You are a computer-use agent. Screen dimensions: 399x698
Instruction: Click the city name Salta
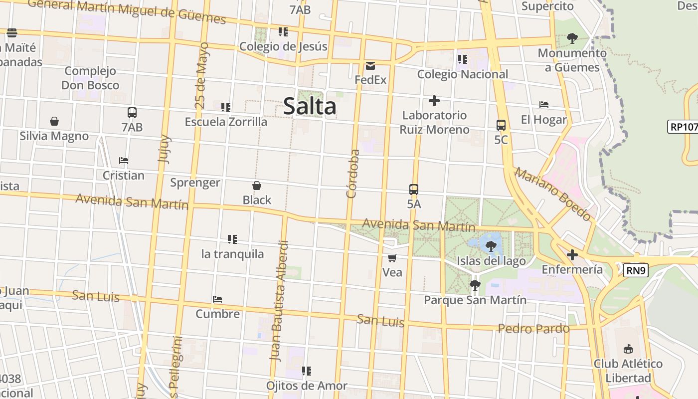click(310, 107)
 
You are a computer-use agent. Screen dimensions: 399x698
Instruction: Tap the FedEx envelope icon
click(370, 66)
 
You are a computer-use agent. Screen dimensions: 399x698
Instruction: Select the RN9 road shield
click(636, 271)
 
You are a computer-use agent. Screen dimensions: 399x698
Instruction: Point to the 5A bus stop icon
click(414, 190)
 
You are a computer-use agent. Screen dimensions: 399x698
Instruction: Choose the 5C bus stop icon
click(501, 125)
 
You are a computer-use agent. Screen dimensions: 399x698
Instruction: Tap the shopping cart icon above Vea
click(392, 258)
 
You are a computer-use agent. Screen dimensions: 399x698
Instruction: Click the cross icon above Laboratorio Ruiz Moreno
click(434, 101)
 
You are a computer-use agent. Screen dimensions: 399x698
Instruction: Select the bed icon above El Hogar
click(544, 105)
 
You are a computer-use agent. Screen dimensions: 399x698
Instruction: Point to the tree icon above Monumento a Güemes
click(572, 38)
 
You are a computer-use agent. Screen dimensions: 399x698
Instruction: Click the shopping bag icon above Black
click(257, 186)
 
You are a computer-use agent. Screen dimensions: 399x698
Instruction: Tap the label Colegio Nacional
click(463, 74)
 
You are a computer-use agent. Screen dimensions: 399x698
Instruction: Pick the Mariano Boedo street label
click(552, 194)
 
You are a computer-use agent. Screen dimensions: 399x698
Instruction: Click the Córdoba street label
click(352, 174)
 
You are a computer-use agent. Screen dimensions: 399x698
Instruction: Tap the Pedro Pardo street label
click(533, 329)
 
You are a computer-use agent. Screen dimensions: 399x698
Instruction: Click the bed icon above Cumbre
click(217, 299)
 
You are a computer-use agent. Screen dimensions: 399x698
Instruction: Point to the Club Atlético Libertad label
click(628, 371)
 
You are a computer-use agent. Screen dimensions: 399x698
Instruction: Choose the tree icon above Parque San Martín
click(475, 285)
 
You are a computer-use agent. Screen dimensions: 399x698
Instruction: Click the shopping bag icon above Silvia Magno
click(54, 121)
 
